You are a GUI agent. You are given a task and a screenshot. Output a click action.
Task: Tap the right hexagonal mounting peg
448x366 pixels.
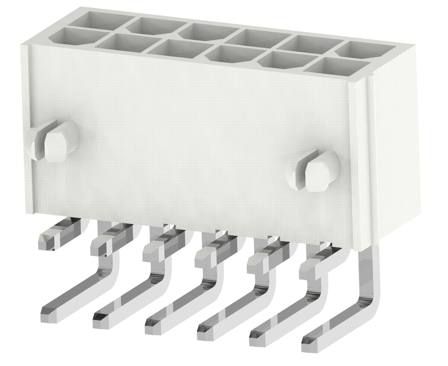(318, 174)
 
